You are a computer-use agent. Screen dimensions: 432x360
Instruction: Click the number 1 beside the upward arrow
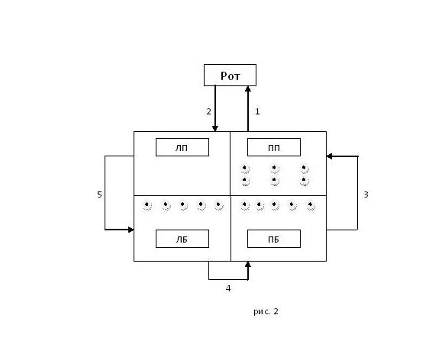(257, 111)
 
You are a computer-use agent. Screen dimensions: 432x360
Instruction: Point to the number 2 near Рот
(209, 111)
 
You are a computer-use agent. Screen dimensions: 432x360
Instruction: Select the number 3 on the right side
(366, 194)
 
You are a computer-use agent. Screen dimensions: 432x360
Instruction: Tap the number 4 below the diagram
(228, 288)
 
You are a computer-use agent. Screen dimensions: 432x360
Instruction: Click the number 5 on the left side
(99, 194)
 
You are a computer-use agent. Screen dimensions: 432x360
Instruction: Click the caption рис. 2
(266, 311)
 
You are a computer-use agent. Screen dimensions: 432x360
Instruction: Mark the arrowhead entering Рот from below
(248, 89)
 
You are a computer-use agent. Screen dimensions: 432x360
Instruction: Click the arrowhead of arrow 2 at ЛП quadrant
(215, 128)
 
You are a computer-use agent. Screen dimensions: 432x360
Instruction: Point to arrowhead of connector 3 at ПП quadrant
(329, 156)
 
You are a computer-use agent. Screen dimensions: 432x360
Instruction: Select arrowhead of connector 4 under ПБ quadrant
(248, 265)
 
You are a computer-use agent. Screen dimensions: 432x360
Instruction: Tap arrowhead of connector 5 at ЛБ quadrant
(131, 230)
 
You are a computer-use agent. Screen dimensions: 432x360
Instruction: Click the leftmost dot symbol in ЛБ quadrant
(147, 206)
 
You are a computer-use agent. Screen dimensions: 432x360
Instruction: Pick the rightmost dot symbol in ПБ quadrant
(311, 206)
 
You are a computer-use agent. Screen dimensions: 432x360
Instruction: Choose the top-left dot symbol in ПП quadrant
(245, 169)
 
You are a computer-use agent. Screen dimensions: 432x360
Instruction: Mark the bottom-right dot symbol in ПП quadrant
(305, 181)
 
